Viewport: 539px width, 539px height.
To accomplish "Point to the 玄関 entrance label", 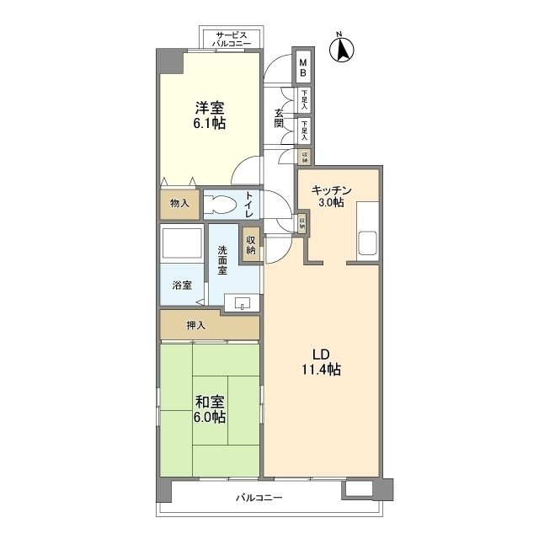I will tap(279, 118).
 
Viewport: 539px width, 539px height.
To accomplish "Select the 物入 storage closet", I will tap(179, 204).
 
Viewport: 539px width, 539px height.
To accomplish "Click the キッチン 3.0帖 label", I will tap(327, 196).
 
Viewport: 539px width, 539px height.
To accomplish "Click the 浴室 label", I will tap(182, 285).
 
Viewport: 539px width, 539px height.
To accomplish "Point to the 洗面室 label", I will tap(223, 260).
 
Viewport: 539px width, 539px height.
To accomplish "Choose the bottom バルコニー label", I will tap(259, 498).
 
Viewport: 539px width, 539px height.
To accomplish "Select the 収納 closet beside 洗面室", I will tap(251, 246).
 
